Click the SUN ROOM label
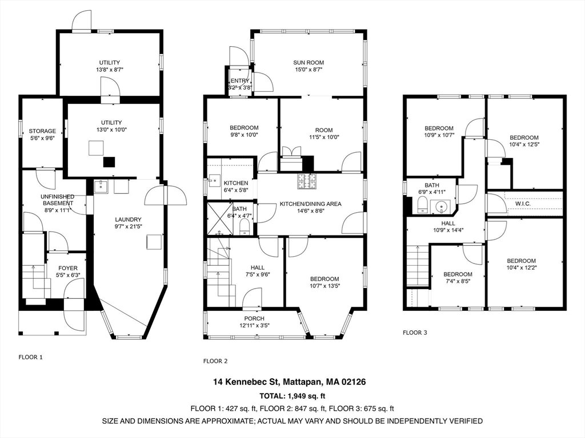[x=308, y=63]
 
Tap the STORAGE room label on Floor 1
[x=42, y=131]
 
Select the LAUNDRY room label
[x=128, y=220]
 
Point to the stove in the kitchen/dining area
[x=307, y=181]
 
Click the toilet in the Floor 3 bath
[x=423, y=205]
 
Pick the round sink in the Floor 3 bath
[x=441, y=206]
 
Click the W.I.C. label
[x=523, y=204]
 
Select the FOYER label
[x=68, y=268]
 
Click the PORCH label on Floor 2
[x=254, y=319]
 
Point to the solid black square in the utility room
[x=109, y=162]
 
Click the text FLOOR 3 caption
[x=415, y=332]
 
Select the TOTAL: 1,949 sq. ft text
[x=290, y=396]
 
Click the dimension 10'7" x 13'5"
[x=324, y=286]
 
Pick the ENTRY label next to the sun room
[x=240, y=81]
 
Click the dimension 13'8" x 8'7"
[x=109, y=70]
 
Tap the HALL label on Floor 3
[x=448, y=224]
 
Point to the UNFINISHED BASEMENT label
[x=58, y=200]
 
